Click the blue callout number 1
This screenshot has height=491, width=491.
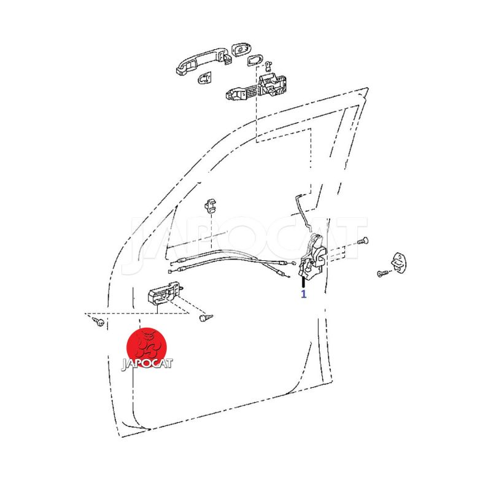(x=303, y=294)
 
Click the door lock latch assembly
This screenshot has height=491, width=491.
(x=312, y=257)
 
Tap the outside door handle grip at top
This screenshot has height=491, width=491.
(x=204, y=61)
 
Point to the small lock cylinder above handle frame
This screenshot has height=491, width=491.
(x=268, y=66)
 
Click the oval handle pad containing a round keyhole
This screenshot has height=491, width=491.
(x=241, y=50)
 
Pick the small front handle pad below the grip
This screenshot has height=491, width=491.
(x=205, y=78)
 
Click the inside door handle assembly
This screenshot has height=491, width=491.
(x=164, y=293)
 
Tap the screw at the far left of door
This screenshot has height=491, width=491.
(x=98, y=320)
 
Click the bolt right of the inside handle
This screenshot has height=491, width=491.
(x=206, y=318)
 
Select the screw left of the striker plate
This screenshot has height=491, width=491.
(x=383, y=273)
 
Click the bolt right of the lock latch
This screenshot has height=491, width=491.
(x=363, y=241)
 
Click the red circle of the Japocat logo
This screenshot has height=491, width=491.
(x=146, y=347)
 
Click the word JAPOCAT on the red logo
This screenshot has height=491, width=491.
(x=147, y=363)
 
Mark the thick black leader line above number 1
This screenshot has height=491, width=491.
(x=303, y=282)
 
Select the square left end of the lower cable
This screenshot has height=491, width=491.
(x=170, y=271)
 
